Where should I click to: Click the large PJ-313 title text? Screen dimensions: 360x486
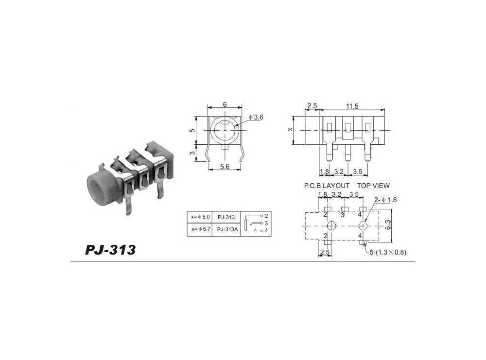click(x=110, y=250)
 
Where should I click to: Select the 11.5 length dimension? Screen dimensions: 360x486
click(x=352, y=106)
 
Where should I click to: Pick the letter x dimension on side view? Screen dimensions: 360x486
click(x=290, y=130)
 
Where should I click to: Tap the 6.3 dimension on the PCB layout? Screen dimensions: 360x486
click(x=400, y=225)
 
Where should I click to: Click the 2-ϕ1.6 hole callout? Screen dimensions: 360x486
click(x=385, y=200)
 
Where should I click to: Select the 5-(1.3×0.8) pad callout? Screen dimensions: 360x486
click(x=387, y=252)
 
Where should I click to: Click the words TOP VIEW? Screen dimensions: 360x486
click(x=373, y=186)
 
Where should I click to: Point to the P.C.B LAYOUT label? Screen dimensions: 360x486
click(x=327, y=186)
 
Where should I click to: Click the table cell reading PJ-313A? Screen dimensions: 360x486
click(x=227, y=230)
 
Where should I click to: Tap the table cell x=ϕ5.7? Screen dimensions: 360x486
click(x=200, y=230)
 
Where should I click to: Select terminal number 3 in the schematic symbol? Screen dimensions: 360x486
click(x=266, y=223)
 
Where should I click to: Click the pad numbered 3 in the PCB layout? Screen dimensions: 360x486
click(x=343, y=214)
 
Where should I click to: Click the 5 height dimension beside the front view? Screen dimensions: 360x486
click(x=192, y=130)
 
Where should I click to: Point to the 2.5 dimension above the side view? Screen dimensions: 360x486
click(x=312, y=106)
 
